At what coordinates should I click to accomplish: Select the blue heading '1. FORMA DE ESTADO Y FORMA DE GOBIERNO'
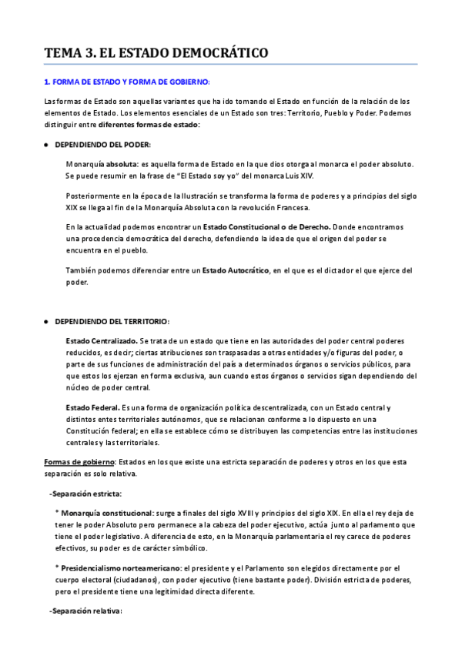click(x=126, y=82)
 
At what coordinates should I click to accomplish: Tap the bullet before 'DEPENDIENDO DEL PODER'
click(x=46, y=145)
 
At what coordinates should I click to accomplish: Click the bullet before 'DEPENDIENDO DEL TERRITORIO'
click(x=46, y=321)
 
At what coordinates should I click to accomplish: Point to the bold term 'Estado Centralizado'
click(x=101, y=340)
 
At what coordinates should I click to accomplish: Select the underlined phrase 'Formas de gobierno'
click(x=79, y=462)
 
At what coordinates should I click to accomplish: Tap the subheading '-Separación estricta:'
click(x=85, y=494)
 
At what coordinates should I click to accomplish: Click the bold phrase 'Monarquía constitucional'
click(x=107, y=512)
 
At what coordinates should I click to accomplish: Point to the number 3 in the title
click(x=92, y=53)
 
